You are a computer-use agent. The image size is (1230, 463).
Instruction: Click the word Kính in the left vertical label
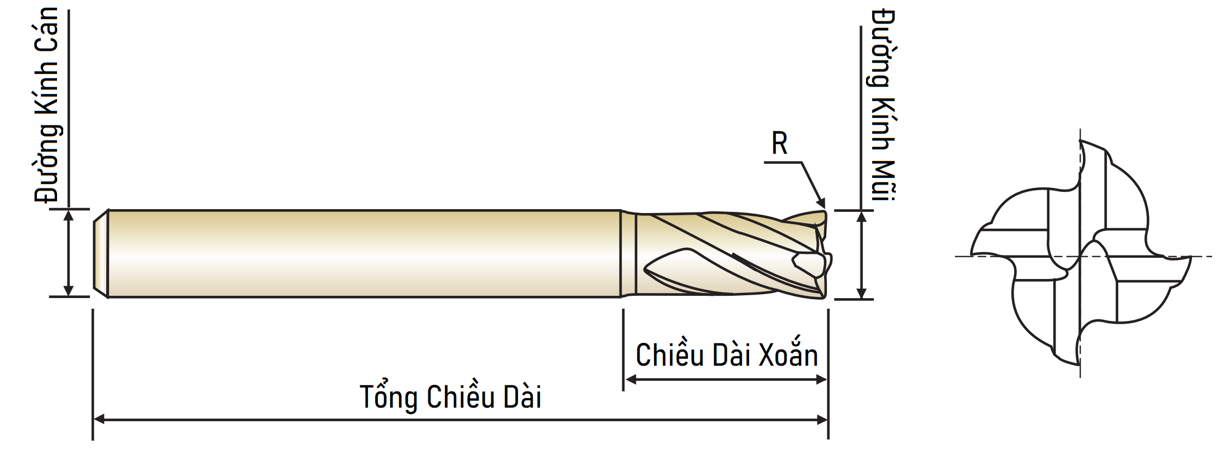[46, 95]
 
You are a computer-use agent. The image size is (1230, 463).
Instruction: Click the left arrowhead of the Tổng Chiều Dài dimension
[99, 419]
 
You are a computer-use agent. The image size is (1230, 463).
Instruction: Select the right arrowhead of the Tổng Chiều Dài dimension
[822, 419]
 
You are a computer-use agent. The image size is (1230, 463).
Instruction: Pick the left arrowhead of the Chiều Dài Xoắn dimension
[630, 380]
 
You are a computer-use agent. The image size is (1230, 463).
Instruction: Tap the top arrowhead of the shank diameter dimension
[68, 216]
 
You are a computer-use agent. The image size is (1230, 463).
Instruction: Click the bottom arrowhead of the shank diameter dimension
[68, 290]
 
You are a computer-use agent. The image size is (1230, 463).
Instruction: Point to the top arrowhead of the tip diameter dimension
[862, 218]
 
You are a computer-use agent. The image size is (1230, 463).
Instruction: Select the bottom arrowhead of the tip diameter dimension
[862, 292]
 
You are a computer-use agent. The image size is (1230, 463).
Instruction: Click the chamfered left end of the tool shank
[101, 253]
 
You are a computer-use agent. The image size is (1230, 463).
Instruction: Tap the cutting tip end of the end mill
[826, 254]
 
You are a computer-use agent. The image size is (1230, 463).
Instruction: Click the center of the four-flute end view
[1080, 257]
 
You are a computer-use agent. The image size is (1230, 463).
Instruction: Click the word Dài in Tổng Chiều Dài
[522, 398]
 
